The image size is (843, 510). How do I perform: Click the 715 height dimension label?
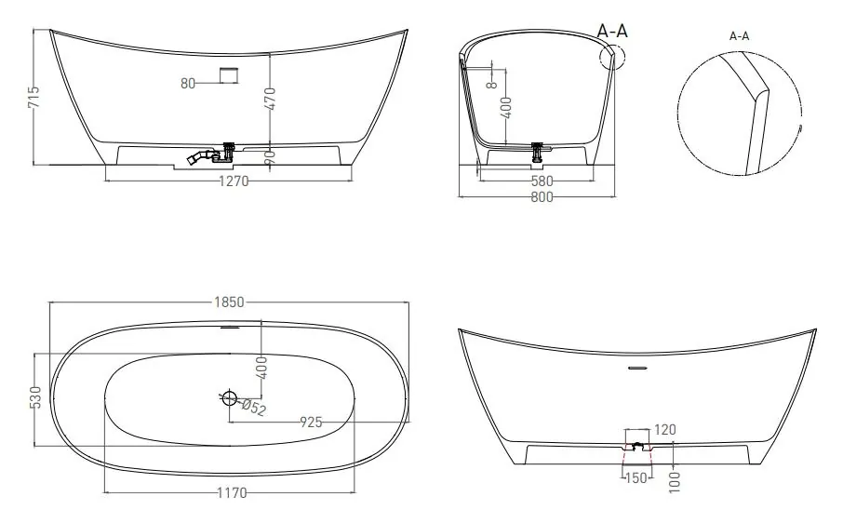point(33,97)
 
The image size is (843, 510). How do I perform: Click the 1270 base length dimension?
point(234,181)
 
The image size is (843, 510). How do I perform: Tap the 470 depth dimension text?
point(270,99)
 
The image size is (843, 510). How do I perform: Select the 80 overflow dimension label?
point(188,84)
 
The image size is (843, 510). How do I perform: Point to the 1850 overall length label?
point(229,302)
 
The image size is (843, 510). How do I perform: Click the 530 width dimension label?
point(34,397)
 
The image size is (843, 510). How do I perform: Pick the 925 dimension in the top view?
point(311,423)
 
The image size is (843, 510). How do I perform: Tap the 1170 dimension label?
point(233,492)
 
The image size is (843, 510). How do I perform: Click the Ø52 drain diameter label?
point(253,408)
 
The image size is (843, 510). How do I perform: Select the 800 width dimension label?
point(542,197)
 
